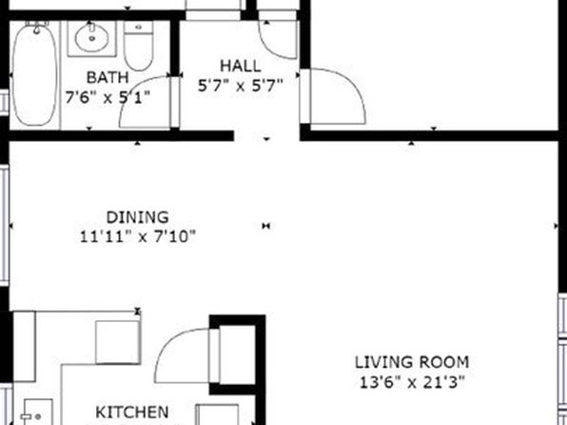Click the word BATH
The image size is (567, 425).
point(108,77)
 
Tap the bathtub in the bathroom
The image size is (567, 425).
point(34,74)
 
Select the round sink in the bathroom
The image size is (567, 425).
point(92,35)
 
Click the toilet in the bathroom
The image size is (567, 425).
point(139,46)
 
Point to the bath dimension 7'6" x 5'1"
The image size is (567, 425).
point(108,97)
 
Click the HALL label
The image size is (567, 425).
point(240,66)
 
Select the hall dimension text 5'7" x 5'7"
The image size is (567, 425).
point(240,86)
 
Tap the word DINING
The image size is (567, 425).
point(137,217)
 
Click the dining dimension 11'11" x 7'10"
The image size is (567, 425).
point(137,237)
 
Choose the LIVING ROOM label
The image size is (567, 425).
point(412,362)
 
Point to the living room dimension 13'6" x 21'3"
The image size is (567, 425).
point(412,382)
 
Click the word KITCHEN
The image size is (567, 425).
point(132,413)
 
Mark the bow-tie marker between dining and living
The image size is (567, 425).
point(266,226)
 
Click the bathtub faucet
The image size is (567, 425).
point(36,28)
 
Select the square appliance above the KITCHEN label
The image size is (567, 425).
point(118,342)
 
